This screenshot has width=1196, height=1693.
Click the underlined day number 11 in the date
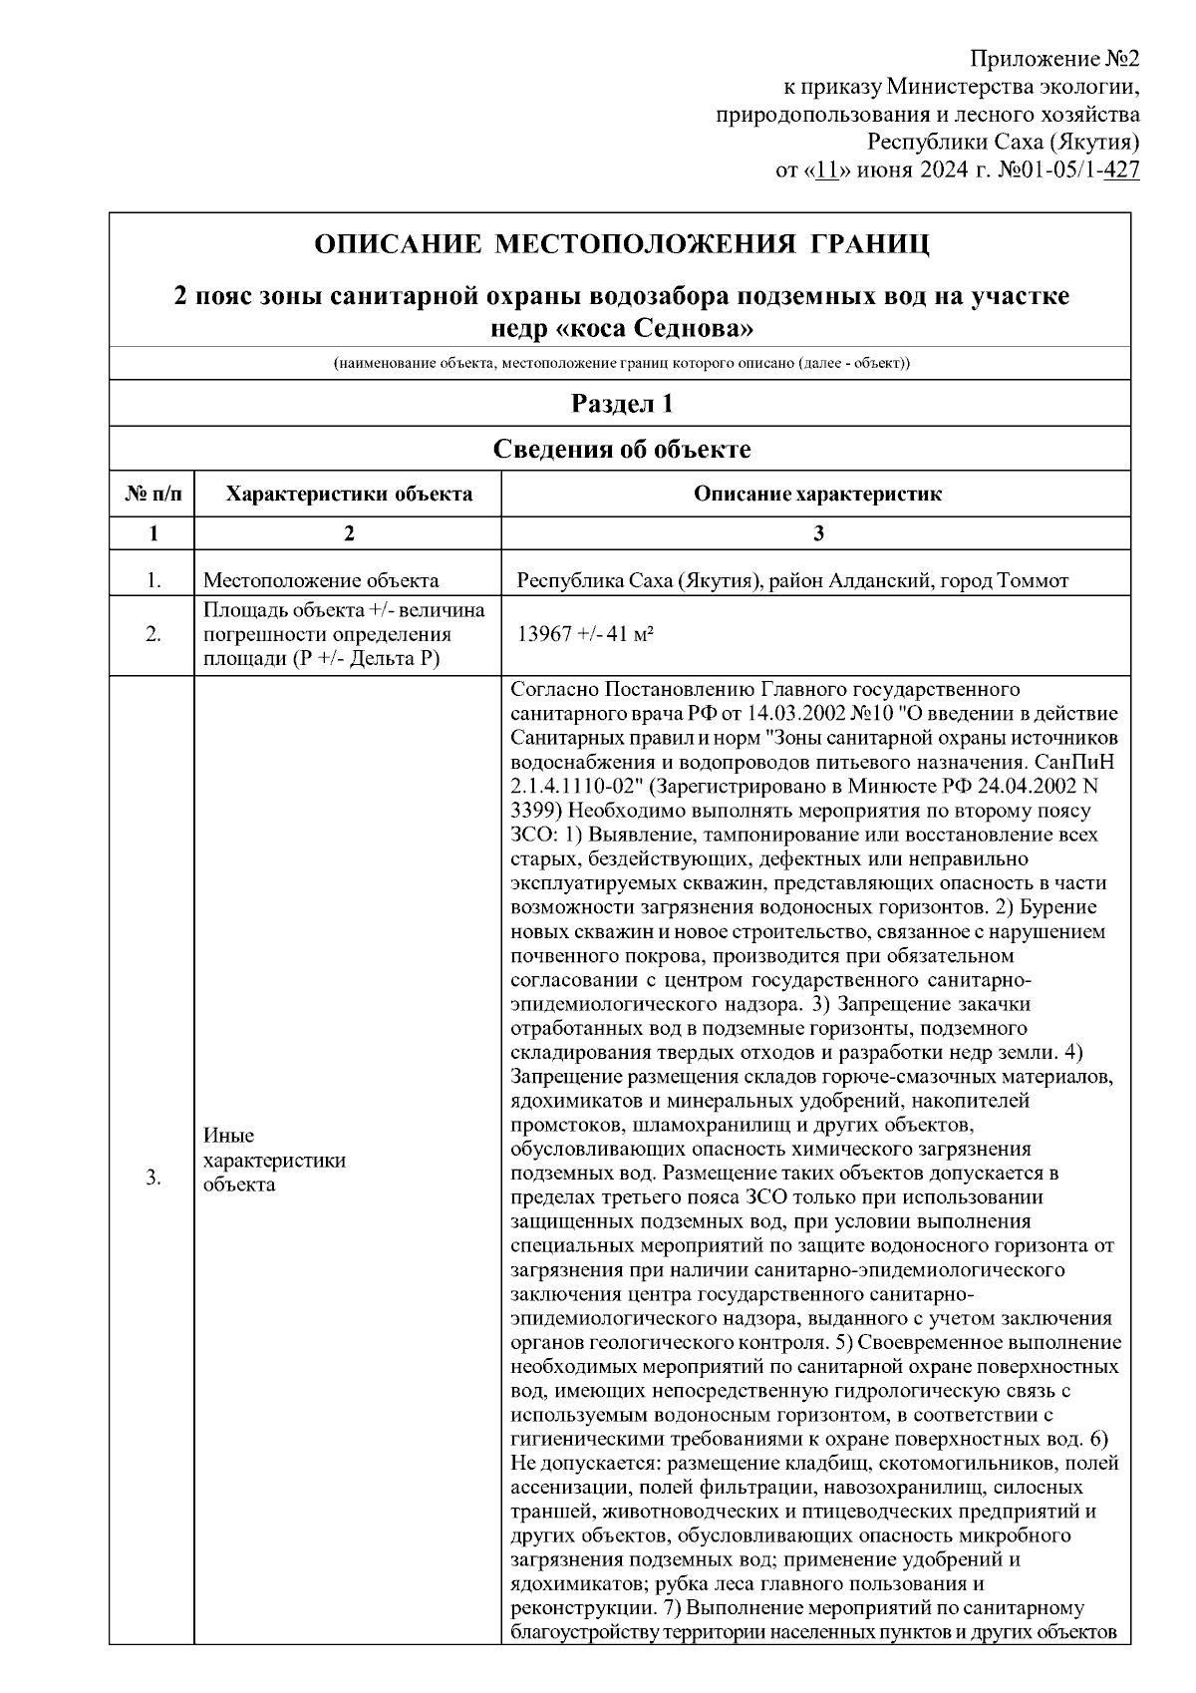tap(826, 169)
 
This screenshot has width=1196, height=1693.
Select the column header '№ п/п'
tap(152, 494)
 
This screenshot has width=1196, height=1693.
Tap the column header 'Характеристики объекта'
tap(348, 494)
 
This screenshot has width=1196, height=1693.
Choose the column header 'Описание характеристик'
tap(817, 494)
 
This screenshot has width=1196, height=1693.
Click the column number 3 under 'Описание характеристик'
tap(817, 533)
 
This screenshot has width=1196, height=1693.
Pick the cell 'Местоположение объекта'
tap(320, 580)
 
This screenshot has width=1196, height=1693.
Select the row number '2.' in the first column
tap(152, 634)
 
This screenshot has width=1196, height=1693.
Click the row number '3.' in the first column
tap(152, 1178)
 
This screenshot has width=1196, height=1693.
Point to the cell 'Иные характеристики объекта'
tap(274, 1161)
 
